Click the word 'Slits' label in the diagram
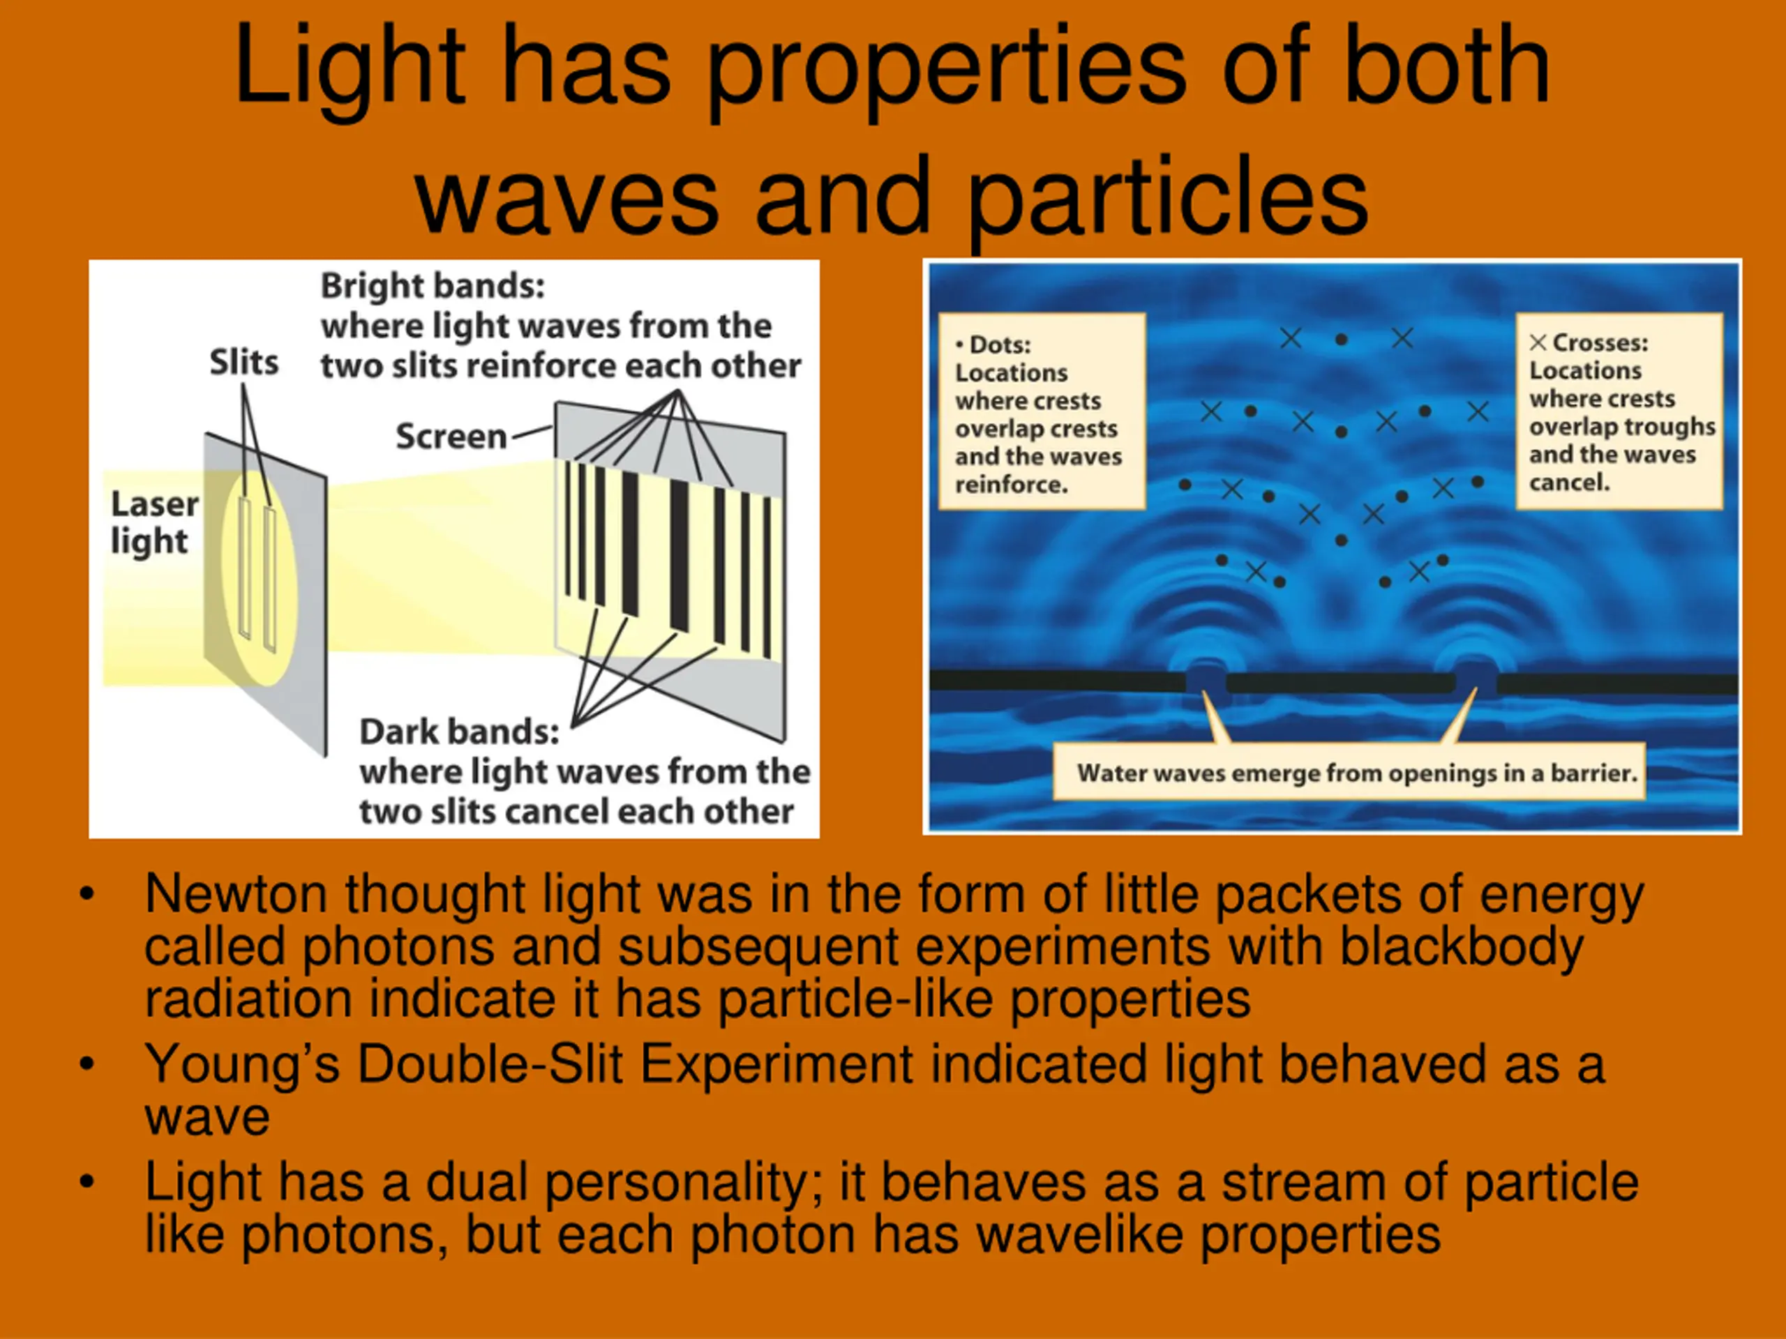(x=244, y=363)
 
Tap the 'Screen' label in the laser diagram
(x=451, y=437)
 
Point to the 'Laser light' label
(x=154, y=523)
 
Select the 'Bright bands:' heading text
(x=433, y=286)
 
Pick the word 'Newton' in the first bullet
(x=236, y=894)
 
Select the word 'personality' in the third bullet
(x=683, y=1184)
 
